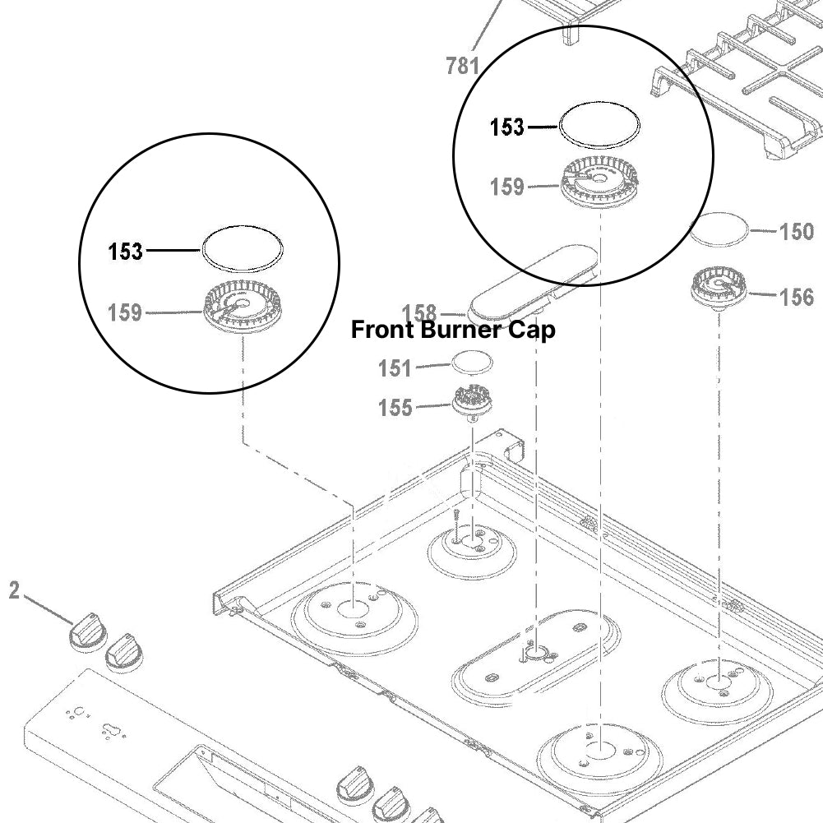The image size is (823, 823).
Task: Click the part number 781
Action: point(462,65)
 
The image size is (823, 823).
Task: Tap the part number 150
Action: point(796,231)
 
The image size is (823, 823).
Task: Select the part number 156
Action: point(796,296)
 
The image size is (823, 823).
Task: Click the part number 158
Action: point(418,313)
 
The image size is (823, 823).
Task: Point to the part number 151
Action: point(395,368)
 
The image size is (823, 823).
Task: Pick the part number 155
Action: point(395,406)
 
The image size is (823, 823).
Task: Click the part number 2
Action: point(14,590)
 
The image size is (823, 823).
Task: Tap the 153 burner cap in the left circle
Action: point(243,247)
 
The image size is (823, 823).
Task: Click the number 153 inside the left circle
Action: point(126,252)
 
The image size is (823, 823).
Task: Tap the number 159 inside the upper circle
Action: point(507,187)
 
